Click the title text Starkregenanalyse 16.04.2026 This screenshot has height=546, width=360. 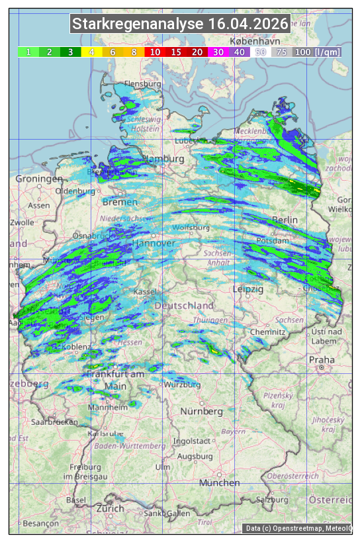[180, 24]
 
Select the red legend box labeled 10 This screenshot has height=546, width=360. [155, 52]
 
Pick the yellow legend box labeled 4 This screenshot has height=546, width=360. [91, 52]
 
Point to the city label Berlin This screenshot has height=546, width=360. [285, 220]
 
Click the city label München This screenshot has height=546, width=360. [220, 482]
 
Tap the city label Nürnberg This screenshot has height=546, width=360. [202, 411]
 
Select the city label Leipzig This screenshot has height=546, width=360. [248, 289]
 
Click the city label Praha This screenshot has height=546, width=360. [322, 359]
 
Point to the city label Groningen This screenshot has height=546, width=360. [39, 179]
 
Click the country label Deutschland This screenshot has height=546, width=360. [184, 306]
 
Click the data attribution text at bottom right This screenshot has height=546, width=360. [298, 528]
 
